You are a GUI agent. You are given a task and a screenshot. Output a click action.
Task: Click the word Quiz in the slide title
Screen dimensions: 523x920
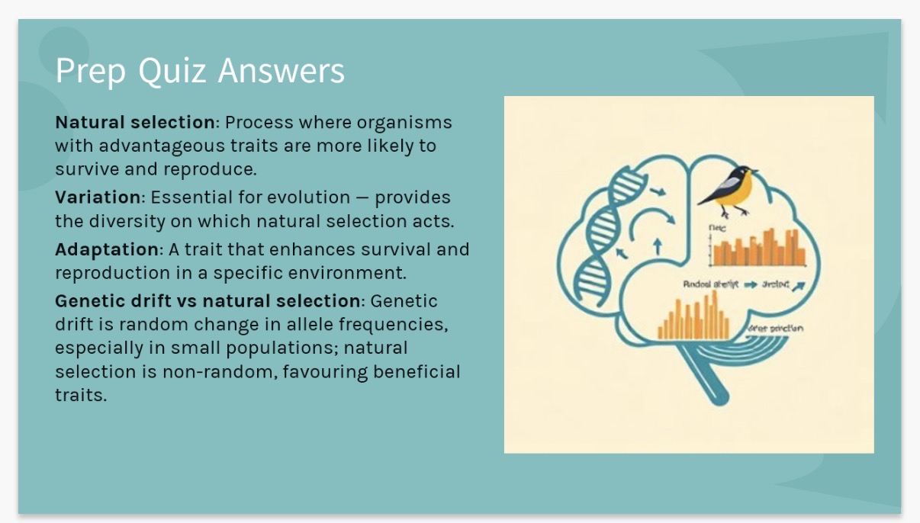click(x=174, y=71)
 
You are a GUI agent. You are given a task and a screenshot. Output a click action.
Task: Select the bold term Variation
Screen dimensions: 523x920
click(x=98, y=197)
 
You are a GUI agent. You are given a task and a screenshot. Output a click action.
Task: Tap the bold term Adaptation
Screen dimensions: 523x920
click(x=106, y=249)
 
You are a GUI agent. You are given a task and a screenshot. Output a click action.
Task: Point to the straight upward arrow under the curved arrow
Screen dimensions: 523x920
click(x=658, y=247)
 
